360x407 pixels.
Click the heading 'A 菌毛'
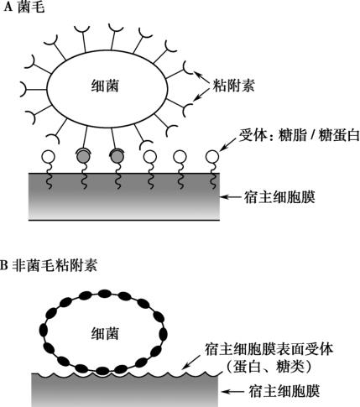pos(24,7)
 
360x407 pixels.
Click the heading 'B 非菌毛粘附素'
pos(49,265)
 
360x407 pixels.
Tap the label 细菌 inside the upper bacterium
pos(105,86)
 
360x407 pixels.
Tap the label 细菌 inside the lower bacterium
pos(105,334)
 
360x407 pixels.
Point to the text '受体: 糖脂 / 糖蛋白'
pos(299,136)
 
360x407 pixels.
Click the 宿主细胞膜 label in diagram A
pos(279,197)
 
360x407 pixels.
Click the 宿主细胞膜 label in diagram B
pos(284,391)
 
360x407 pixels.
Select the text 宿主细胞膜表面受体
pos(269,349)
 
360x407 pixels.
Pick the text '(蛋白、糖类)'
pos(269,367)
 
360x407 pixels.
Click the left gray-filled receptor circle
pos(83,156)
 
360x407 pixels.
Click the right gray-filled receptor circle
pos(117,156)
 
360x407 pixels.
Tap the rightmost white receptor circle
pos(212,157)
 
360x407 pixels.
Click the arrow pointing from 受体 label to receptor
pos(228,144)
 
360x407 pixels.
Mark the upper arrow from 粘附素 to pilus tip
pos(202,77)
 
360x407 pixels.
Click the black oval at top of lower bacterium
pos(105,294)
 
